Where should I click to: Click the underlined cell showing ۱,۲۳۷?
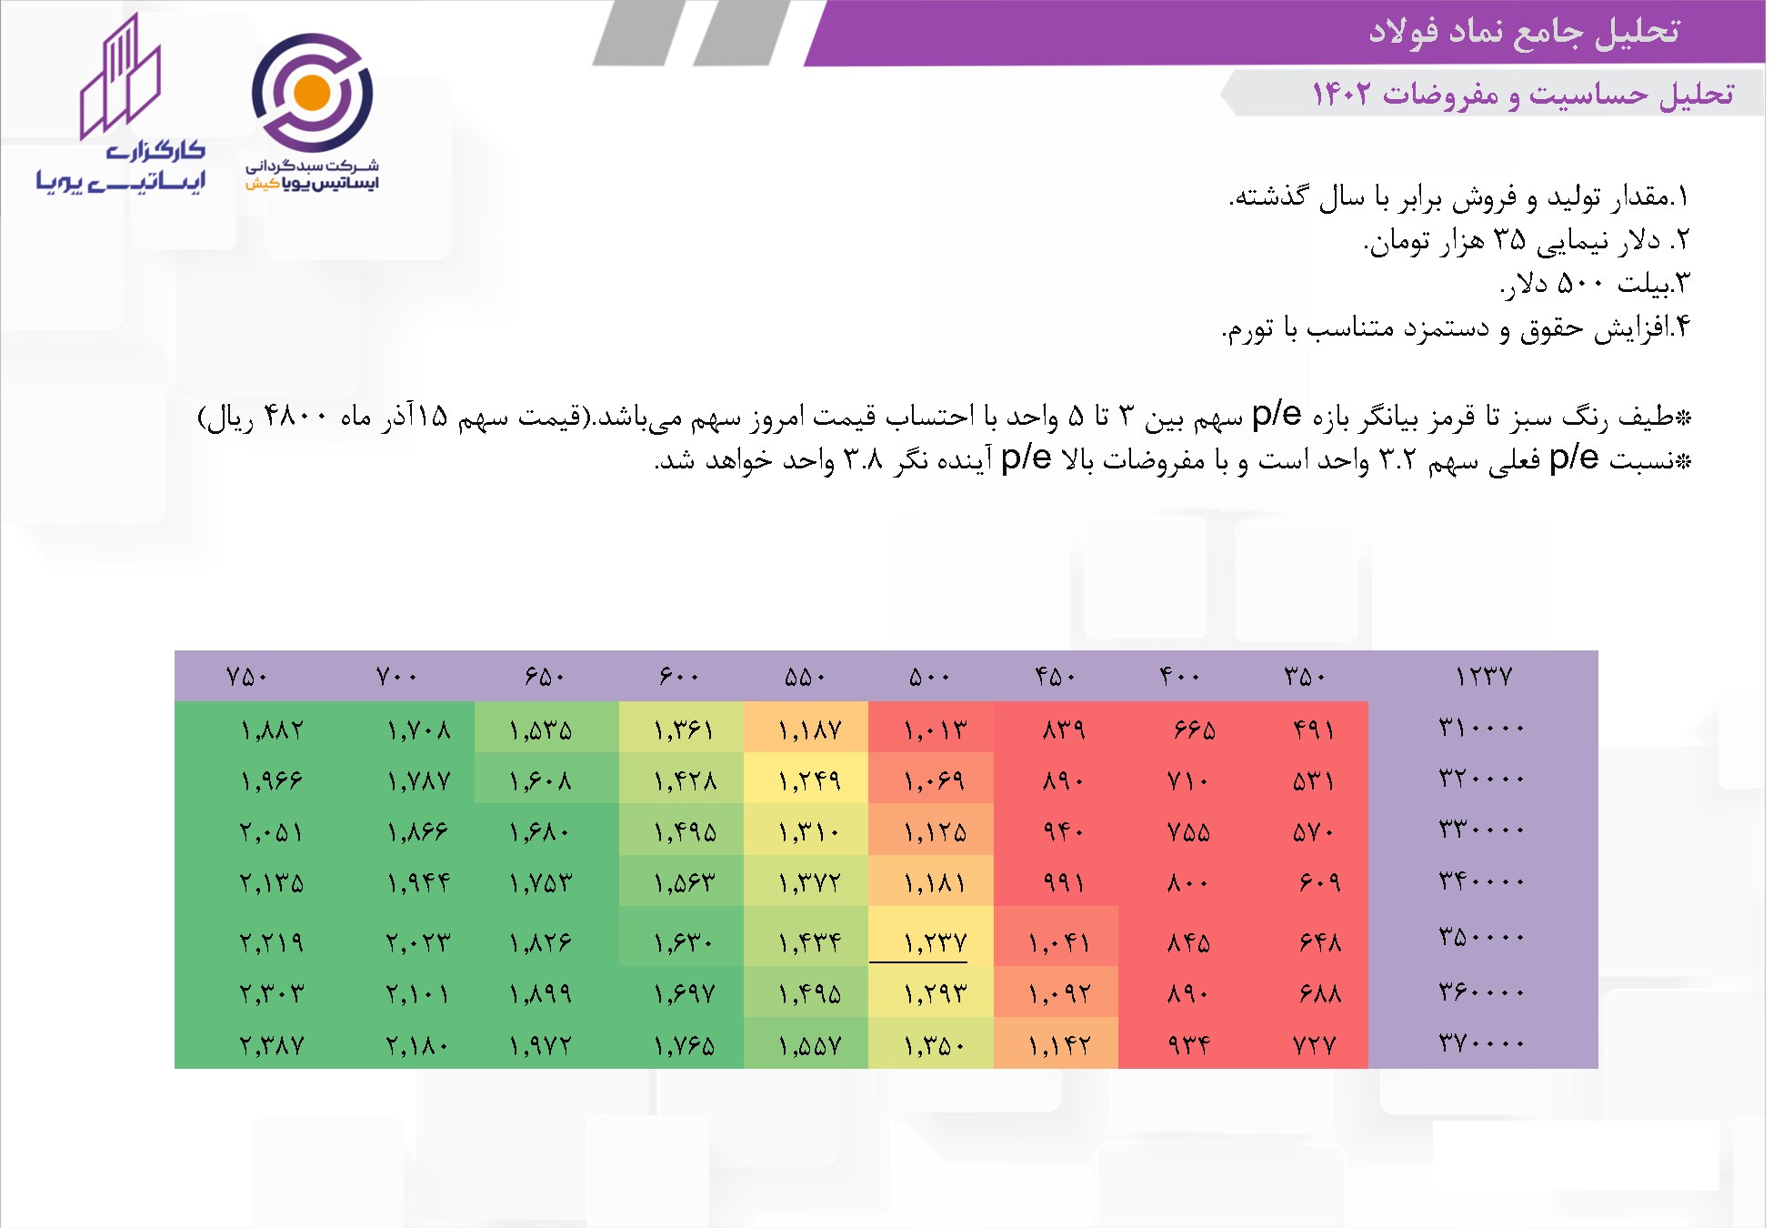point(934,942)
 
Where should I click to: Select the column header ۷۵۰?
point(246,677)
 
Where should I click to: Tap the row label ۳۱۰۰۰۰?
point(1481,728)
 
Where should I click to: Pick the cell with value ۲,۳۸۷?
point(271,1045)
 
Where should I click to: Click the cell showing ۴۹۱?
point(1314,730)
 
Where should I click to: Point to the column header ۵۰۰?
point(929,677)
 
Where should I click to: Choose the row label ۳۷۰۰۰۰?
point(1481,1042)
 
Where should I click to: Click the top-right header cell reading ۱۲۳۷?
point(1483,677)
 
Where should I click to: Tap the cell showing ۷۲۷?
point(1314,1045)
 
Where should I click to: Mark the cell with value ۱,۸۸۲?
point(271,730)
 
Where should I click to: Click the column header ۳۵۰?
point(1305,677)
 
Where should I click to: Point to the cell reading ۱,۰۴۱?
point(1059,942)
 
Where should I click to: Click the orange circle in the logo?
point(312,93)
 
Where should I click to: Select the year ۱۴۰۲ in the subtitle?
point(1341,94)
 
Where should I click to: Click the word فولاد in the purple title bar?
point(1405,31)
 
